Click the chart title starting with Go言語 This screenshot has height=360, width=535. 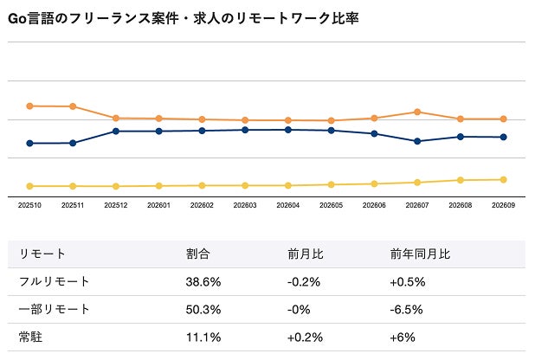coord(184,18)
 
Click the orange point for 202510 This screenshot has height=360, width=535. coord(29,106)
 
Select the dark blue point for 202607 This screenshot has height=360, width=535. coord(417,141)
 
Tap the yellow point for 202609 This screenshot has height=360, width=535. coord(503,180)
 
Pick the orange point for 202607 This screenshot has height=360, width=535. coord(417,112)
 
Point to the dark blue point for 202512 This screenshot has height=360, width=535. coord(116,131)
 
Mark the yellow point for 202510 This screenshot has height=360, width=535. coord(29,186)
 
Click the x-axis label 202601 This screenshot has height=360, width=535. coord(158,205)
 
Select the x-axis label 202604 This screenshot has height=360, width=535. coord(288,205)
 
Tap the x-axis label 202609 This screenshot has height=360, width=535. coord(503,205)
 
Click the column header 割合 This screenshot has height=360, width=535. coord(198,254)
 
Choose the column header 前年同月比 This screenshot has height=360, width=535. coord(421,254)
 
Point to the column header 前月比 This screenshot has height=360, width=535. coord(306,254)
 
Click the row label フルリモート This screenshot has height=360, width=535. coord(54,281)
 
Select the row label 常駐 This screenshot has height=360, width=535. coord(30,337)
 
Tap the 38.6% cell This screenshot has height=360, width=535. coord(203,282)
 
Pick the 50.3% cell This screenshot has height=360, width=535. coord(203,310)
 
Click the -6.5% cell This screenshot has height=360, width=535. coord(406,310)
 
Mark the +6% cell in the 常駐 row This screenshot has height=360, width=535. coord(403,337)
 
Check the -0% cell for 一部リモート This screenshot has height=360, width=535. coord(299,310)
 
